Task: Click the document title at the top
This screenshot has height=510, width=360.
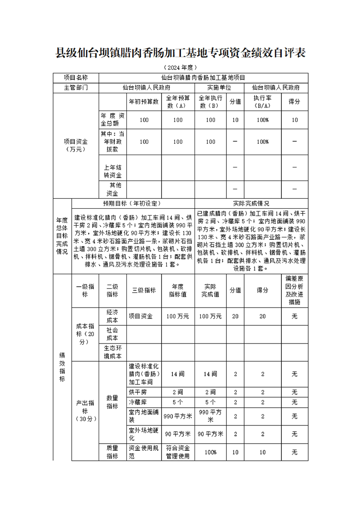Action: pyautogui.click(x=180, y=53)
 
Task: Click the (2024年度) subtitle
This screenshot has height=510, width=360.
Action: pyautogui.click(x=180, y=67)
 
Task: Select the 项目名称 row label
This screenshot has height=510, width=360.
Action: pyautogui.click(x=75, y=78)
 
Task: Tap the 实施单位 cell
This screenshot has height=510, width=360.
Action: pyautogui.click(x=219, y=88)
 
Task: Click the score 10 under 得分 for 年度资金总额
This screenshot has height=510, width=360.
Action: pyautogui.click(x=295, y=120)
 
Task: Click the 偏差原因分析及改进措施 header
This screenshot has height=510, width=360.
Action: pyautogui.click(x=294, y=290)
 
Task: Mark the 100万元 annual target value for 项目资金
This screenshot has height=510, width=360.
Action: pyautogui.click(x=177, y=316)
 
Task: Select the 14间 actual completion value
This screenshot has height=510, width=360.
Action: pyautogui.click(x=210, y=374)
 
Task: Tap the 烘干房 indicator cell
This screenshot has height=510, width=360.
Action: pyautogui.click(x=138, y=392)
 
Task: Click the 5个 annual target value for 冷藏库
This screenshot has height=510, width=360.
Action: pyautogui.click(x=177, y=402)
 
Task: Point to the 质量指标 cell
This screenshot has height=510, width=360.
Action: pyautogui.click(x=112, y=452)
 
